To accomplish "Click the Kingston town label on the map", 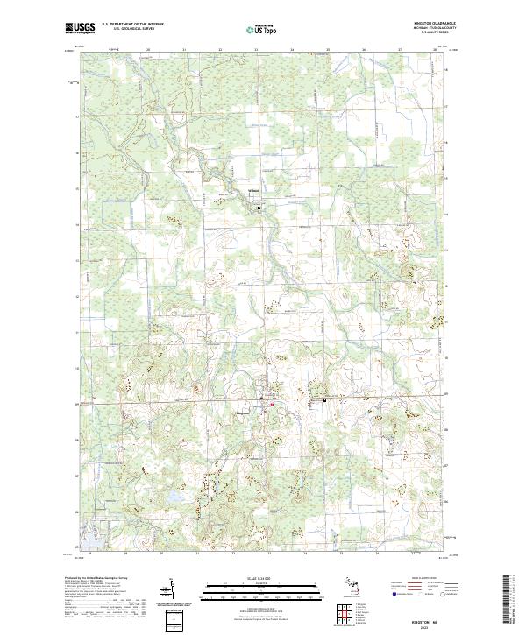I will (245, 413).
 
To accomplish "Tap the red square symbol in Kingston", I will (272, 405).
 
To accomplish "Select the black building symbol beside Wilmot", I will (259, 208).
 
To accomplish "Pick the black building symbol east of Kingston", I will (326, 400).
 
